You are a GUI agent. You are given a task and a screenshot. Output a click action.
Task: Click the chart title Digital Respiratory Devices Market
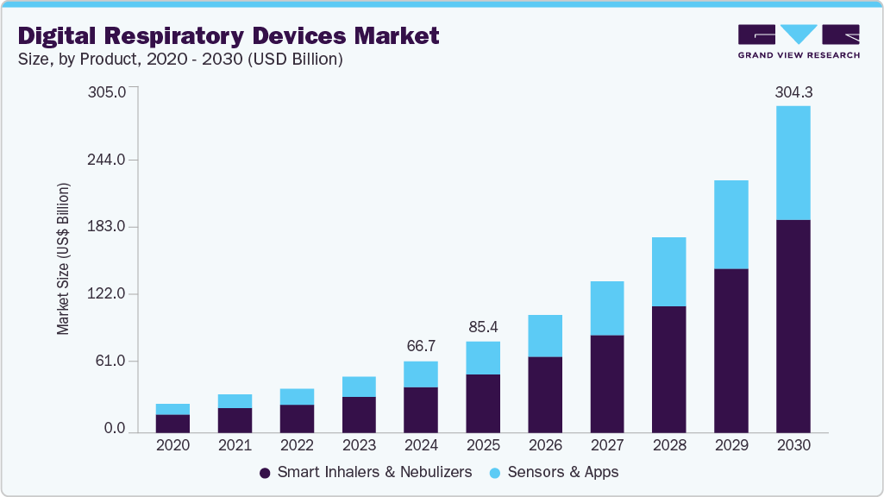click(229, 35)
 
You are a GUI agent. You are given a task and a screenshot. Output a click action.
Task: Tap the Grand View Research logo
click(798, 41)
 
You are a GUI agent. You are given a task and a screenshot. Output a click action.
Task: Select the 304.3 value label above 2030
click(793, 92)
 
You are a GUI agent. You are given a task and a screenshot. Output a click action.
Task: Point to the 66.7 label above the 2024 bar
click(421, 346)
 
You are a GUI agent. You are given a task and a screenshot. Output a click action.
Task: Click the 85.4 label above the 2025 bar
click(483, 327)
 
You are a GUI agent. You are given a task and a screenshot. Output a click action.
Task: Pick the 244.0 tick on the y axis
click(107, 160)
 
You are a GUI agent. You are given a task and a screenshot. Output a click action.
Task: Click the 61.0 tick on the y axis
click(110, 361)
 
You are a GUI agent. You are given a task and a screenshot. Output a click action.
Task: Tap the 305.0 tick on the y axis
click(107, 92)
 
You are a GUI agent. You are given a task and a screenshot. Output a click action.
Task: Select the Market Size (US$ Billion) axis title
click(63, 259)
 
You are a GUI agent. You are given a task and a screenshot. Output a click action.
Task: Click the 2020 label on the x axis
click(172, 445)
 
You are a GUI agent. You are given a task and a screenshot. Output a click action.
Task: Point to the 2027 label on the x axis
click(607, 445)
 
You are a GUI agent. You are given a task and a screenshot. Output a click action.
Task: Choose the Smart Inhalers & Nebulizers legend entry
click(366, 472)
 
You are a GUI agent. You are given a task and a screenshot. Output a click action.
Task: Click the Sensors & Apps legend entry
click(554, 472)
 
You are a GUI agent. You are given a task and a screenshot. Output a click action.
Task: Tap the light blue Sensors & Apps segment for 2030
click(793, 162)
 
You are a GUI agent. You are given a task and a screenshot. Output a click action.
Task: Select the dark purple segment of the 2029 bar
click(730, 349)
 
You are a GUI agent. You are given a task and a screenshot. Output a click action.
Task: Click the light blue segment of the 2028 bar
click(668, 271)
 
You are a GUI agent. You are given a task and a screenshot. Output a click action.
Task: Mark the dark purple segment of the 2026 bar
click(544, 393)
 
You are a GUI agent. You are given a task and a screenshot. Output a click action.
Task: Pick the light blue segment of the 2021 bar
click(235, 401)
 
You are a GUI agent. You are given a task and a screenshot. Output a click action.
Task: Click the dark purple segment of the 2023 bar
click(359, 414)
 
